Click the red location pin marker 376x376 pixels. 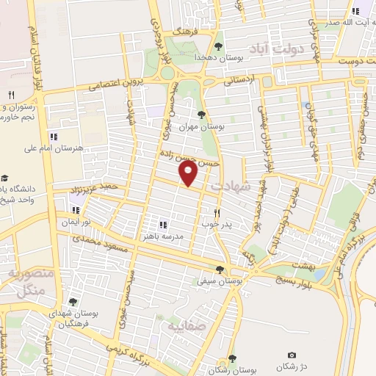(189, 174)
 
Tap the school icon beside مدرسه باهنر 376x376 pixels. (162, 224)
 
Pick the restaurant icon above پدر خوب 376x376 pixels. (217, 211)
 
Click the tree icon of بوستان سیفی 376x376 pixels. (220, 269)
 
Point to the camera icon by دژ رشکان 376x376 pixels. (292, 355)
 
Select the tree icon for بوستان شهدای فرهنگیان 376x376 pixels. (72, 301)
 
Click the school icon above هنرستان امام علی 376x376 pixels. (54, 137)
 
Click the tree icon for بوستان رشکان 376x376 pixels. (232, 358)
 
